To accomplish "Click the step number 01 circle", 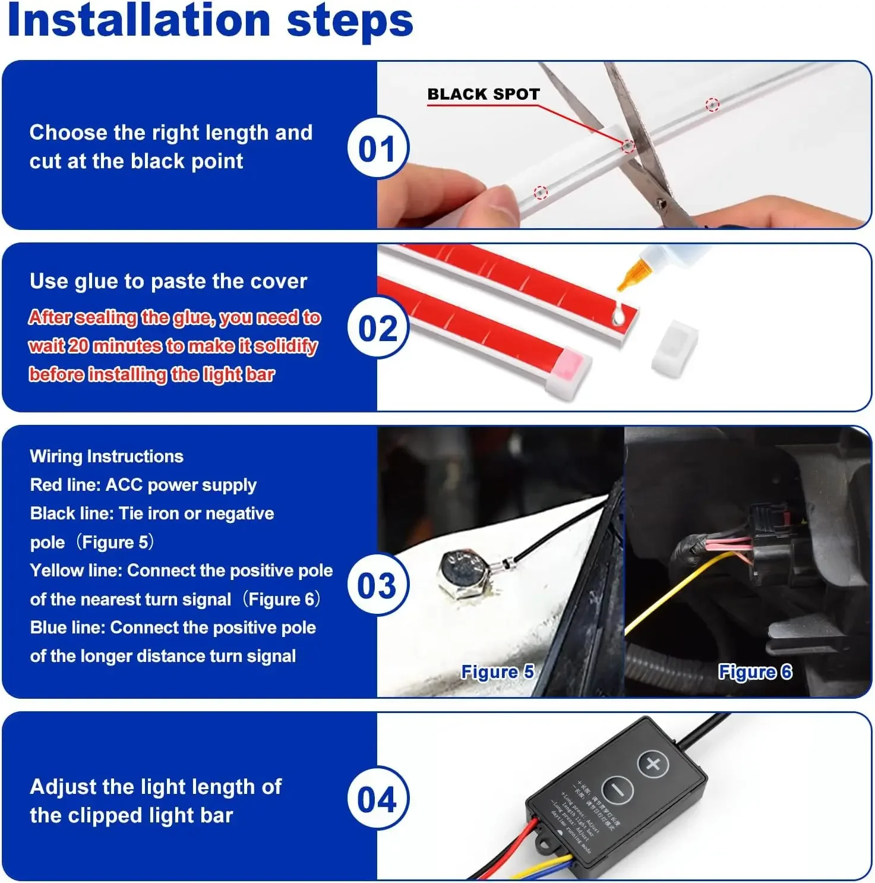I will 377,148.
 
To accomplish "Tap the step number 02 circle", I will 377,329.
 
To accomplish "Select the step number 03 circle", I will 377,585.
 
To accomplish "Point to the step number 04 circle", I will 377,799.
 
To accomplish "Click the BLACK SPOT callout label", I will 483,94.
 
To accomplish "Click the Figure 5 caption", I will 497,671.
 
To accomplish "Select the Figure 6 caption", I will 755,671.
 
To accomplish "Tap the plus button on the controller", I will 653,764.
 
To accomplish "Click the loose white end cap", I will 674,347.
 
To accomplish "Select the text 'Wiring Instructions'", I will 106,456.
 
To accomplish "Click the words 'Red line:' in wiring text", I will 65,485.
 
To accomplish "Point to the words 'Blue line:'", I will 68,627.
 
